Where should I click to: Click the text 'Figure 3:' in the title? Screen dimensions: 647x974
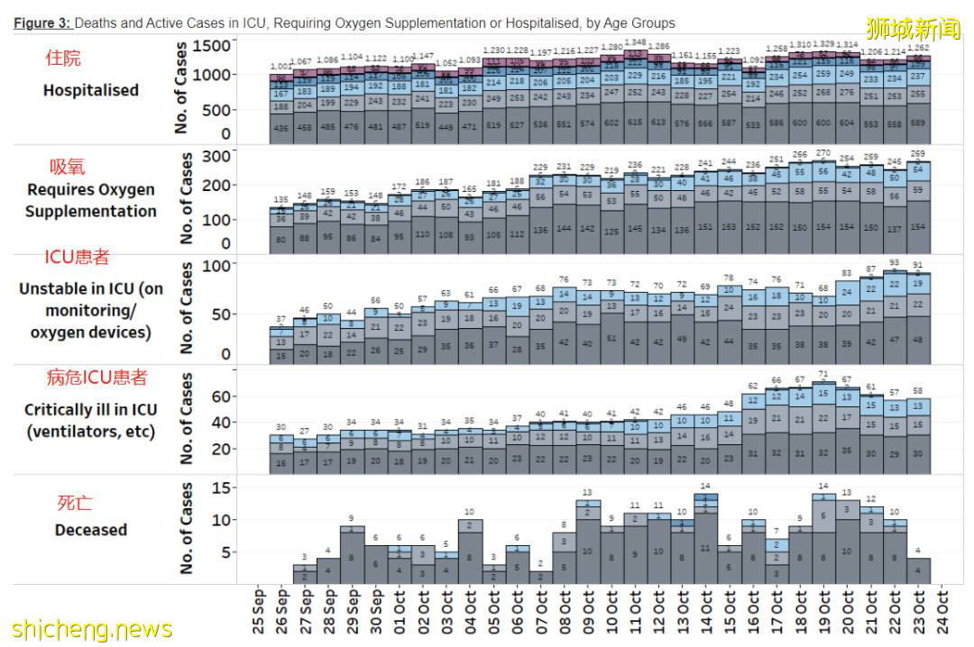click(x=41, y=23)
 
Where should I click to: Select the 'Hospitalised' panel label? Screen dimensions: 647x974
click(x=90, y=90)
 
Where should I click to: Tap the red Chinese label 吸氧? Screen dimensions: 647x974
click(x=68, y=167)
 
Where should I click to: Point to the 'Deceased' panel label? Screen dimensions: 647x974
click(x=90, y=530)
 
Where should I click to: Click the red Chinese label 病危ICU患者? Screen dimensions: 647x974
click(x=96, y=378)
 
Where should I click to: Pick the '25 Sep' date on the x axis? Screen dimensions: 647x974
click(x=258, y=614)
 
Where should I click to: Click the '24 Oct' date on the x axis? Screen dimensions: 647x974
click(x=942, y=614)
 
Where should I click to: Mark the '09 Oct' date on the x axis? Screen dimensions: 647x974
click(x=588, y=614)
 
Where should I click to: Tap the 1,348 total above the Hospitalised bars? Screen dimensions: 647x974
click(x=636, y=42)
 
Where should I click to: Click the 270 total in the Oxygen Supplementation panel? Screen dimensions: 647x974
click(x=823, y=153)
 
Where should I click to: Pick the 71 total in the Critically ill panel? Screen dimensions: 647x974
click(x=823, y=373)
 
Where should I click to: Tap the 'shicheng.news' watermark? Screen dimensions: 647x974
click(x=92, y=628)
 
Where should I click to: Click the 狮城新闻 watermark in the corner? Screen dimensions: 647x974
click(x=913, y=29)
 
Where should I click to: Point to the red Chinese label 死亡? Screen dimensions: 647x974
click(x=75, y=503)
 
